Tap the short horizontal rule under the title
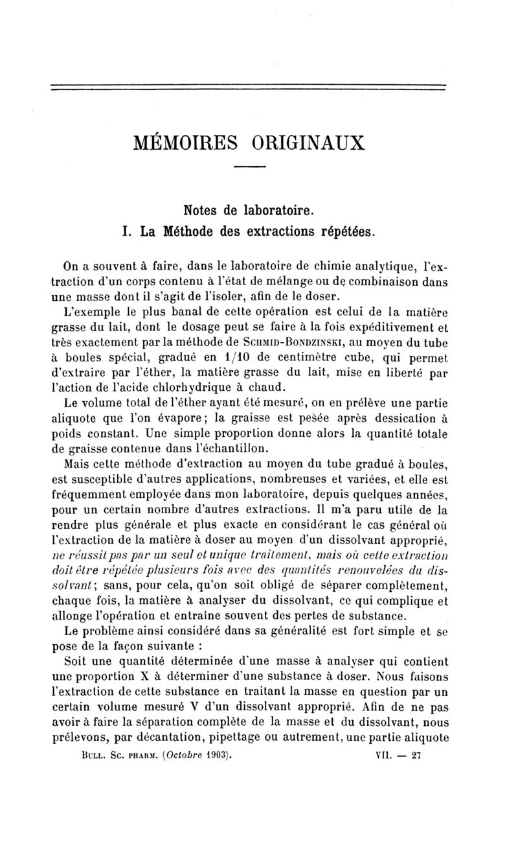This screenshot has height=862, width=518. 250,168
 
